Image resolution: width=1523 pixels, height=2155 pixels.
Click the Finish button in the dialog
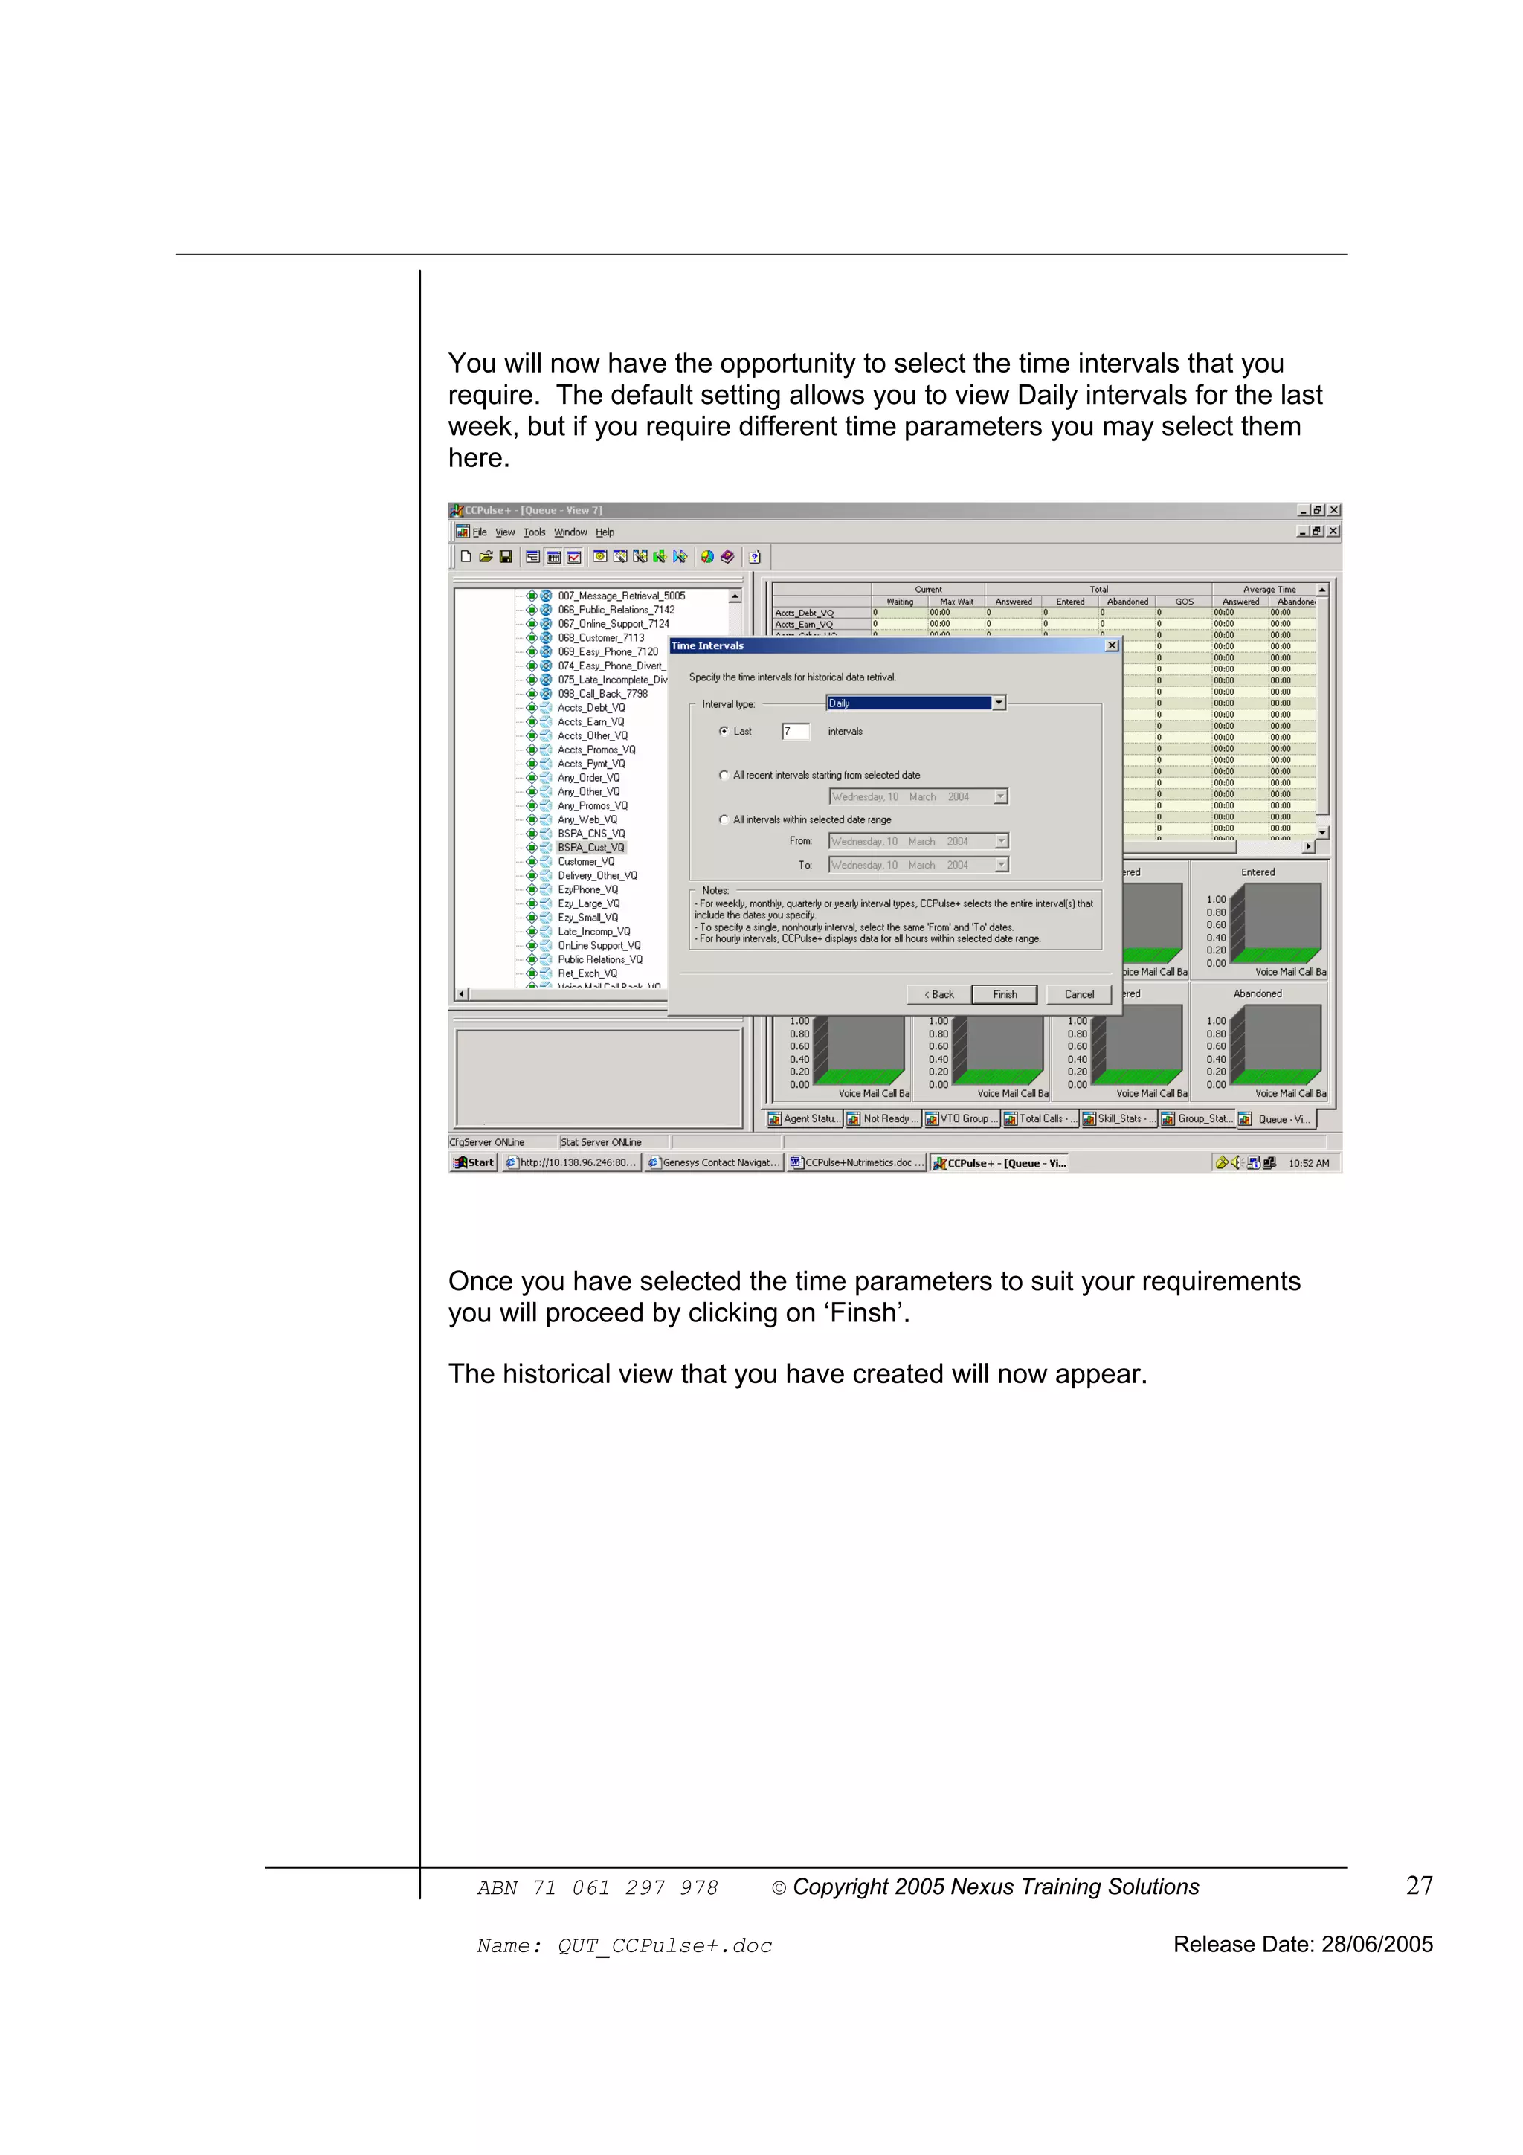pyautogui.click(x=1004, y=994)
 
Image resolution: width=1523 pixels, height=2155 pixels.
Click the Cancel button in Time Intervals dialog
pyautogui.click(x=1078, y=994)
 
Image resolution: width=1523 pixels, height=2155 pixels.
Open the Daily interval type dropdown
pyautogui.click(x=999, y=703)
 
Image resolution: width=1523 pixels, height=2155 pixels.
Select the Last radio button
pyautogui.click(x=724, y=731)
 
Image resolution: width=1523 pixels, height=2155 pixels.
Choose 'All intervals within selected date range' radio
pyautogui.click(x=724, y=819)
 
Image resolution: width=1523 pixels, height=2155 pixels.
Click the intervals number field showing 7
pyautogui.click(x=795, y=731)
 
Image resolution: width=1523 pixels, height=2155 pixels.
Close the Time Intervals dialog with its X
pyautogui.click(x=1112, y=645)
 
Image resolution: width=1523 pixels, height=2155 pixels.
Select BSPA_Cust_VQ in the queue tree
pyautogui.click(x=590, y=848)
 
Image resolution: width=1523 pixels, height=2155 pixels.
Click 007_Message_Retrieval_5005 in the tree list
pyautogui.click(x=621, y=596)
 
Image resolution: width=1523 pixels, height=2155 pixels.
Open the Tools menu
pyautogui.click(x=534, y=532)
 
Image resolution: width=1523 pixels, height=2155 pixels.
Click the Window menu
pyautogui.click(x=570, y=532)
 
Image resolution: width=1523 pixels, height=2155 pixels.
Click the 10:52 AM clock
pyautogui.click(x=1308, y=1163)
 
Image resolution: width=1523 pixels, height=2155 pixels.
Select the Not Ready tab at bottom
pyautogui.click(x=883, y=1119)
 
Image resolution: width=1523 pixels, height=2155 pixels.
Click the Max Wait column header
pyautogui.click(x=956, y=602)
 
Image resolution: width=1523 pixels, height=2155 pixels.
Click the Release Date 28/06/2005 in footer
pyautogui.click(x=1302, y=1944)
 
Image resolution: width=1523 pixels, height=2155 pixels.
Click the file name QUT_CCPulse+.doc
pyautogui.click(x=664, y=1946)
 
